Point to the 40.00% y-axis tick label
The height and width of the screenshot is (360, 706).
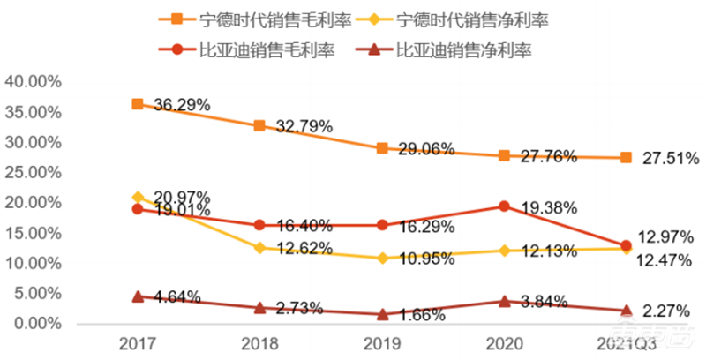(33, 81)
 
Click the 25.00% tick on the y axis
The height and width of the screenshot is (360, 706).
(33, 172)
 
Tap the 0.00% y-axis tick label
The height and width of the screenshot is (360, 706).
(36, 324)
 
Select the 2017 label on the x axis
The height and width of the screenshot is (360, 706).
(137, 342)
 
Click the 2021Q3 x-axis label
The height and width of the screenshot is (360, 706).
(626, 342)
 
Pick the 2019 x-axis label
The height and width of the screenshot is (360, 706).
(381, 342)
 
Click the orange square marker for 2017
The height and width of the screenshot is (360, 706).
(137, 104)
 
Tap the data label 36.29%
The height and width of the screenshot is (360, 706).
(182, 104)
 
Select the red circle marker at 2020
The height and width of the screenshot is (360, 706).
(504, 206)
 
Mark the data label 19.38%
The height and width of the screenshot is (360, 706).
(549, 208)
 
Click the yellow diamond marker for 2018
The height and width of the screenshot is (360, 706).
(259, 248)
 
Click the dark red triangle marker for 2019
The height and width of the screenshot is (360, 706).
(381, 313)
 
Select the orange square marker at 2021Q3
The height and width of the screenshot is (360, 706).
(626, 157)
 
